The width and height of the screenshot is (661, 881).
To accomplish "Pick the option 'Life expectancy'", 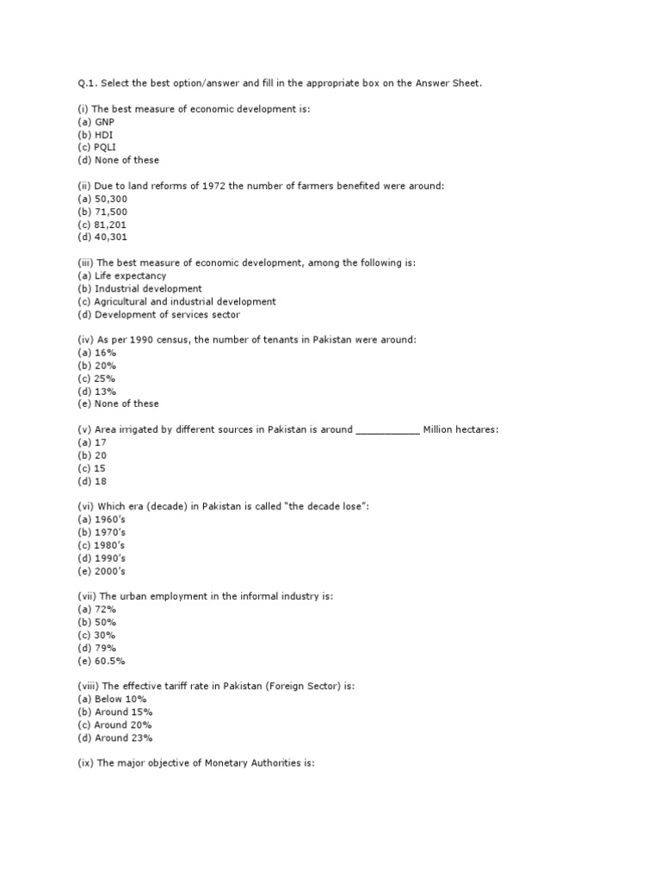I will click(x=124, y=276).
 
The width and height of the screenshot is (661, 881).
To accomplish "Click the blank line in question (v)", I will click(x=387, y=430).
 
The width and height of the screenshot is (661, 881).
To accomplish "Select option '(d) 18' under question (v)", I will click(x=92, y=482).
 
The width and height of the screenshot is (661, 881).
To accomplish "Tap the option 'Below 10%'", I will click(x=118, y=699).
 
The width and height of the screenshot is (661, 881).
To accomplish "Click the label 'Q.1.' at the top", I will click(x=86, y=83).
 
